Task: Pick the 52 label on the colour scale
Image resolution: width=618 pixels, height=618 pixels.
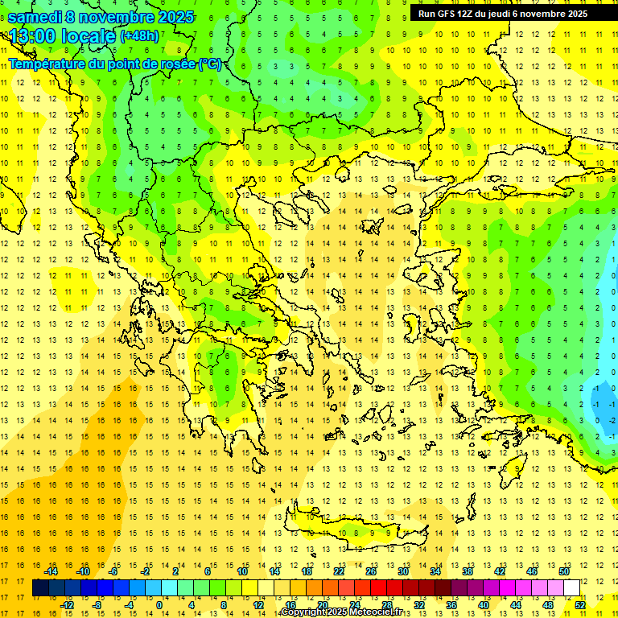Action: click(580, 605)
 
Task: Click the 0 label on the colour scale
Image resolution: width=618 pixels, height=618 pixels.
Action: click(159, 605)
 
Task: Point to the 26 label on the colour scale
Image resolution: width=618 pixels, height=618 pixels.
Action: click(370, 571)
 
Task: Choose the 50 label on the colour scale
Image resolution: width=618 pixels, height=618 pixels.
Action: click(564, 571)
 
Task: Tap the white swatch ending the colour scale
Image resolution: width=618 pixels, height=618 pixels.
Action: click(572, 588)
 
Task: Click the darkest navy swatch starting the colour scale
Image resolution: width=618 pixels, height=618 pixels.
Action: click(41, 588)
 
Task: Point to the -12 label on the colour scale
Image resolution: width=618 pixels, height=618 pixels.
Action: click(68, 605)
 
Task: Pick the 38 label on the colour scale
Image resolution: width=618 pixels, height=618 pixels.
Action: click(467, 571)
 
